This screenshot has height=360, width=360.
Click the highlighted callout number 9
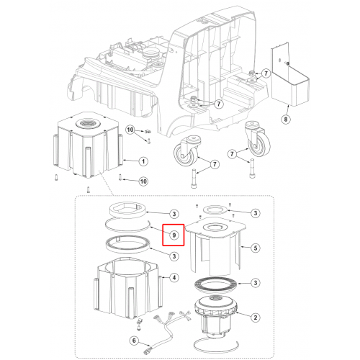pos(174,235)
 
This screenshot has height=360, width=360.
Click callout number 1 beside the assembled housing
pos(143,161)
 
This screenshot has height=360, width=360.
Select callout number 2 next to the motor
pos(255,318)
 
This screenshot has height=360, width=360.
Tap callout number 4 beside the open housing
pos(174,278)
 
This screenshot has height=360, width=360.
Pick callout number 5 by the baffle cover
pos(255,248)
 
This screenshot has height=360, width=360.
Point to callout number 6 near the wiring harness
pos(134,341)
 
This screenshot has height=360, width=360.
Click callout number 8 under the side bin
pos(286,119)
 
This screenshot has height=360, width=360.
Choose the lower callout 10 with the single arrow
pos(143,181)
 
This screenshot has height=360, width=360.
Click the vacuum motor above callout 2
pos(215,315)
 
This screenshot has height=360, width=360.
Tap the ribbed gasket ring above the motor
pos(215,285)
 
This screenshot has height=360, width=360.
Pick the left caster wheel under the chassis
pos(186,150)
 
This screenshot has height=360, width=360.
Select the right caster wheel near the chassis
pos(258,139)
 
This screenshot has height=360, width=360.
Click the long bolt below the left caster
pos(194,179)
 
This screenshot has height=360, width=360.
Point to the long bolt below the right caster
pos(252,168)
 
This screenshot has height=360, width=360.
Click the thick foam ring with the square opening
pos(127,210)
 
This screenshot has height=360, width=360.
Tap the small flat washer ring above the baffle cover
pos(215,209)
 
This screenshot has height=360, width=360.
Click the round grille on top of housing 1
pos(86,124)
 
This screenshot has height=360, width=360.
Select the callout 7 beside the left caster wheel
pos(215,164)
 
